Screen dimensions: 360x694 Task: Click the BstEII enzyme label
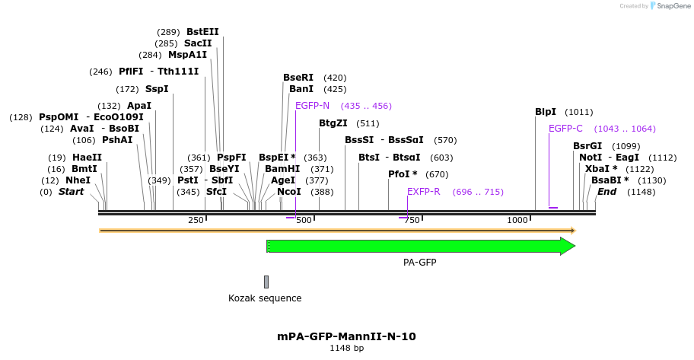[202, 32]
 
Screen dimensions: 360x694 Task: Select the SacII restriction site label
[198, 43]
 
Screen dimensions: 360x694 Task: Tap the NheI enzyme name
[78, 180]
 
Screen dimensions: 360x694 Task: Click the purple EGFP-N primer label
[312, 106]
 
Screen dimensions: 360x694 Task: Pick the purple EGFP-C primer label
[565, 129]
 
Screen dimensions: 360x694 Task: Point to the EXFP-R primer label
[424, 192]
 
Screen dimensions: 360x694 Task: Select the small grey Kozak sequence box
[266, 282]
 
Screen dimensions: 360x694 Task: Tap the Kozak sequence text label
[265, 298]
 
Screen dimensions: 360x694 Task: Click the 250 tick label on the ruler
[196, 220]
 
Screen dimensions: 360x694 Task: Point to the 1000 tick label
[517, 220]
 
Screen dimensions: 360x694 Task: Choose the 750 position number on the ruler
[411, 220]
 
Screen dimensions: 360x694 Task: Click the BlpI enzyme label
[546, 112]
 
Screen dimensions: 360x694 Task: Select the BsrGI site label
[587, 146]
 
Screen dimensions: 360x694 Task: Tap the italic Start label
[71, 192]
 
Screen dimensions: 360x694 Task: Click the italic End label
[606, 192]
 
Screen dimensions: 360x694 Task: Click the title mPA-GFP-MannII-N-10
[346, 336]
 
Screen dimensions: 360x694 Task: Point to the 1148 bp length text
[346, 349]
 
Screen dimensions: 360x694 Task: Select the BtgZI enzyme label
[333, 123]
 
